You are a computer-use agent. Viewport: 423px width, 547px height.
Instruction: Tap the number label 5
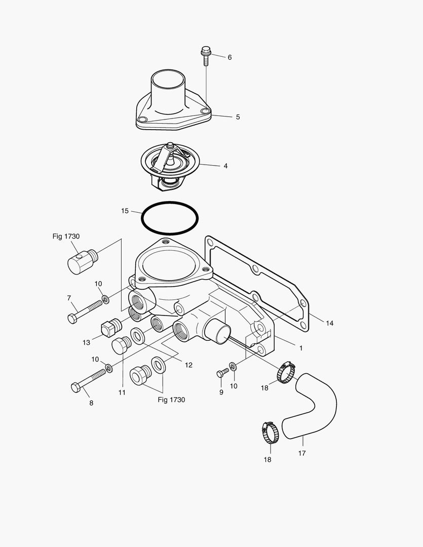click(238, 117)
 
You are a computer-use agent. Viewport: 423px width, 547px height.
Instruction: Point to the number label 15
click(125, 211)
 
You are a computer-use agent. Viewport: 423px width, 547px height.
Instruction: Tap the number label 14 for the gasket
click(329, 323)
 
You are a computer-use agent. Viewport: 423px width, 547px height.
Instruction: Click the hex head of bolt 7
click(71, 318)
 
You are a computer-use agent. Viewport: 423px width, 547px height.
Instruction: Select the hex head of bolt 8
click(75, 387)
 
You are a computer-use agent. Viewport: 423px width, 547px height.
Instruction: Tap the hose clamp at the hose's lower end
click(270, 432)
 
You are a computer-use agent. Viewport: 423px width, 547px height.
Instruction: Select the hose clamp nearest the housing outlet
click(287, 372)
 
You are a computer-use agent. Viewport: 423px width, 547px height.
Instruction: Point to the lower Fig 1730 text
click(171, 400)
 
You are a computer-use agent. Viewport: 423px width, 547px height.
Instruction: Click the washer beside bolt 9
click(232, 366)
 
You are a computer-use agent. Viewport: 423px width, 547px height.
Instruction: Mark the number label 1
click(300, 348)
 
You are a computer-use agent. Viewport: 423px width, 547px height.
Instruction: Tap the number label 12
click(188, 365)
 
